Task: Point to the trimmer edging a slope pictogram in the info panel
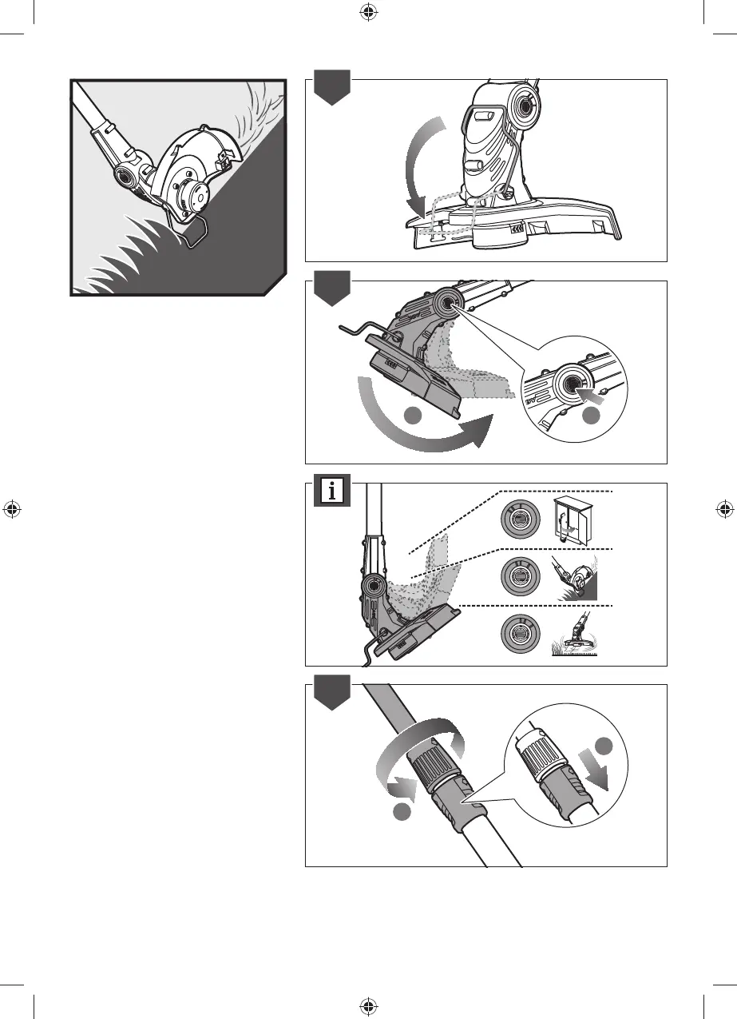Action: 575,577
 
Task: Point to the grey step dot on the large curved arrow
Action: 412,416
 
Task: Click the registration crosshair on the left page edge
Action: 12,509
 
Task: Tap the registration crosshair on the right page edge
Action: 724,509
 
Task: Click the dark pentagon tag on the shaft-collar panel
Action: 331,695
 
